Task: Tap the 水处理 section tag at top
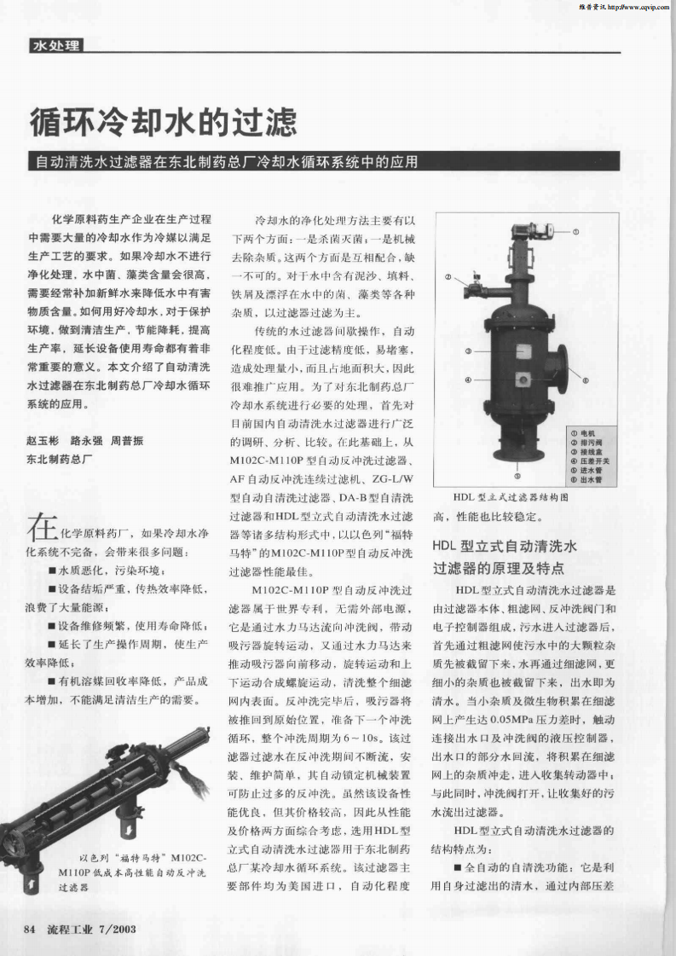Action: point(55,45)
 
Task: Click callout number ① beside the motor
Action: point(575,231)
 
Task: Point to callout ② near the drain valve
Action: point(448,277)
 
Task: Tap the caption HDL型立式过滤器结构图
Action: point(511,496)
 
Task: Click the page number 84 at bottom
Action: point(32,929)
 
